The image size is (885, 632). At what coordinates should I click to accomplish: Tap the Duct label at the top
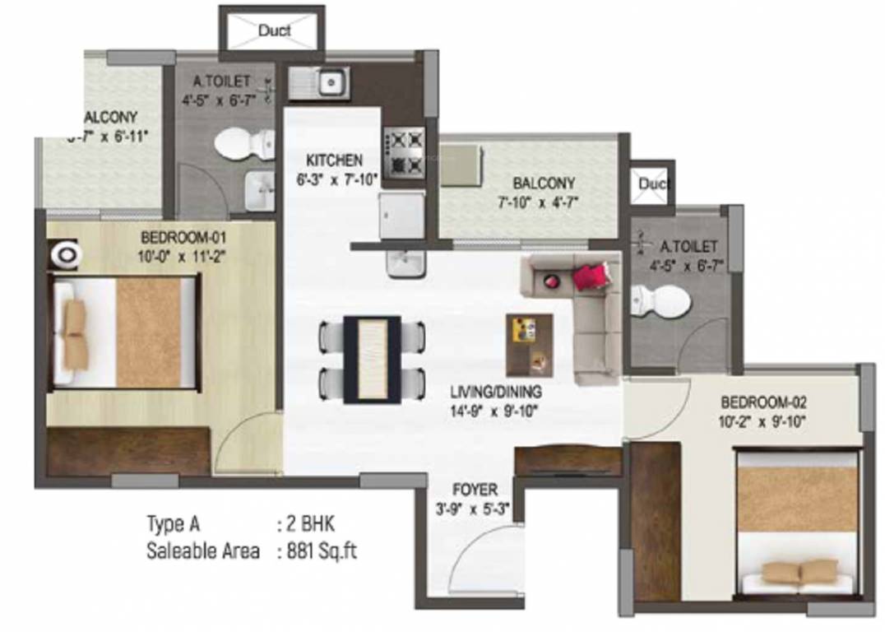click(275, 31)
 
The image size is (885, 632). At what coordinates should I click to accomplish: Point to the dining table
click(372, 359)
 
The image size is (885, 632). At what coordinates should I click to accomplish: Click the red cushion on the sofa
click(595, 276)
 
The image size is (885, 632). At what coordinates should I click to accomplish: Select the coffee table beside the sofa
click(530, 344)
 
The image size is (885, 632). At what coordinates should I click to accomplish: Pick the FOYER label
click(475, 491)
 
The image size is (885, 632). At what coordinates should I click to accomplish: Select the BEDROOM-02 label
click(764, 403)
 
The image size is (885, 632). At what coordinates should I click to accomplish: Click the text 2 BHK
click(306, 524)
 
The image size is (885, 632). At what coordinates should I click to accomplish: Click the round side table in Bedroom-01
click(64, 255)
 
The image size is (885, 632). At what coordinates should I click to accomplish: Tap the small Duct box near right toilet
click(654, 184)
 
